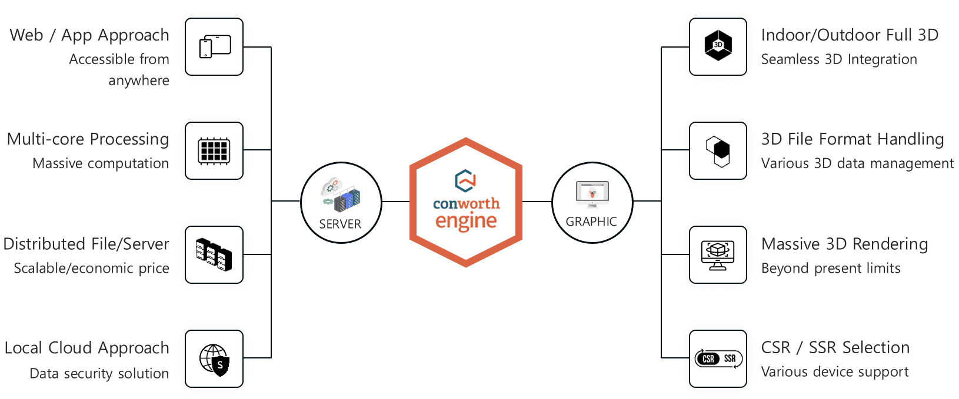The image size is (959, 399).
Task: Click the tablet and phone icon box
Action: (214, 47)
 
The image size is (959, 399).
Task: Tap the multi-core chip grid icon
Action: (214, 150)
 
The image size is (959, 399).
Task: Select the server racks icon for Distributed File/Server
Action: (214, 254)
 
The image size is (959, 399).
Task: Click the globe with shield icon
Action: (214, 359)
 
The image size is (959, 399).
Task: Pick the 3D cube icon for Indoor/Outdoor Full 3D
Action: (718, 46)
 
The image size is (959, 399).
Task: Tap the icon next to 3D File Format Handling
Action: (718, 150)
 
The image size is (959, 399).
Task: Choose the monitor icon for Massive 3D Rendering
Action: (718, 254)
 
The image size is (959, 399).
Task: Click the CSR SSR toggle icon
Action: (718, 359)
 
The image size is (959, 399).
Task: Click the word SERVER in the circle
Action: (340, 224)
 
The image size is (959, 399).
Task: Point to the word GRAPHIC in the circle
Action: (591, 222)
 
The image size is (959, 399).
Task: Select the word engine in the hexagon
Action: (466, 222)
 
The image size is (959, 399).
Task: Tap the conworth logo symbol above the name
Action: (465, 181)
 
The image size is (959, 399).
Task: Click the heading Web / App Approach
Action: (89, 35)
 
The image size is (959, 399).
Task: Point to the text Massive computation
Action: (101, 163)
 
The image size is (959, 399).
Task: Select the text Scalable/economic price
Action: (91, 268)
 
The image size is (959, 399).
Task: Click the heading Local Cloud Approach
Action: (87, 348)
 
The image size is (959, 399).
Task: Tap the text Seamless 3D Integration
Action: (839, 59)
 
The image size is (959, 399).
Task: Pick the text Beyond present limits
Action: (831, 268)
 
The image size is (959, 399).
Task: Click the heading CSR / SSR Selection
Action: (835, 348)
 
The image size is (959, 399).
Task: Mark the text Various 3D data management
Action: (857, 163)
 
